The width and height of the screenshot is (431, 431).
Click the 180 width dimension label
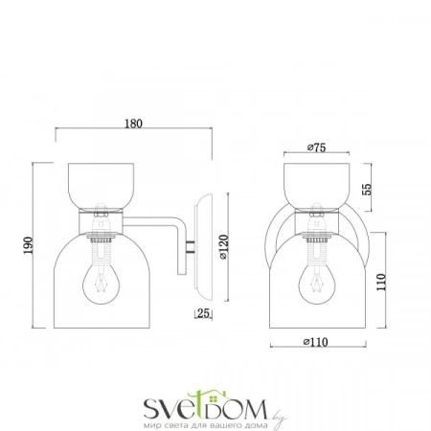pyautogui.click(x=133, y=124)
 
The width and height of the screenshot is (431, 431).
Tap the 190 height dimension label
pyautogui.click(x=28, y=245)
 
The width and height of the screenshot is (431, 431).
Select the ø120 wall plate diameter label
pyautogui.click(x=224, y=247)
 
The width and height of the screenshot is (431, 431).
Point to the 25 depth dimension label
pyautogui.click(x=203, y=313)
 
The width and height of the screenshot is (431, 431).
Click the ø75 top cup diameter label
pyautogui.click(x=316, y=147)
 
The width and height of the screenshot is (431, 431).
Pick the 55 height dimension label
pyautogui.click(x=367, y=189)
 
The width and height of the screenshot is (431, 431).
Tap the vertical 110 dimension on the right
pyautogui.click(x=381, y=282)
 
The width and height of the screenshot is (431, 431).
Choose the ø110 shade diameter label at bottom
pyautogui.click(x=315, y=342)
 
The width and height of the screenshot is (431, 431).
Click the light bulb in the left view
pyautogui.click(x=102, y=284)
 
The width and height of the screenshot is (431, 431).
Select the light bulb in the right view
pyautogui.click(x=317, y=284)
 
